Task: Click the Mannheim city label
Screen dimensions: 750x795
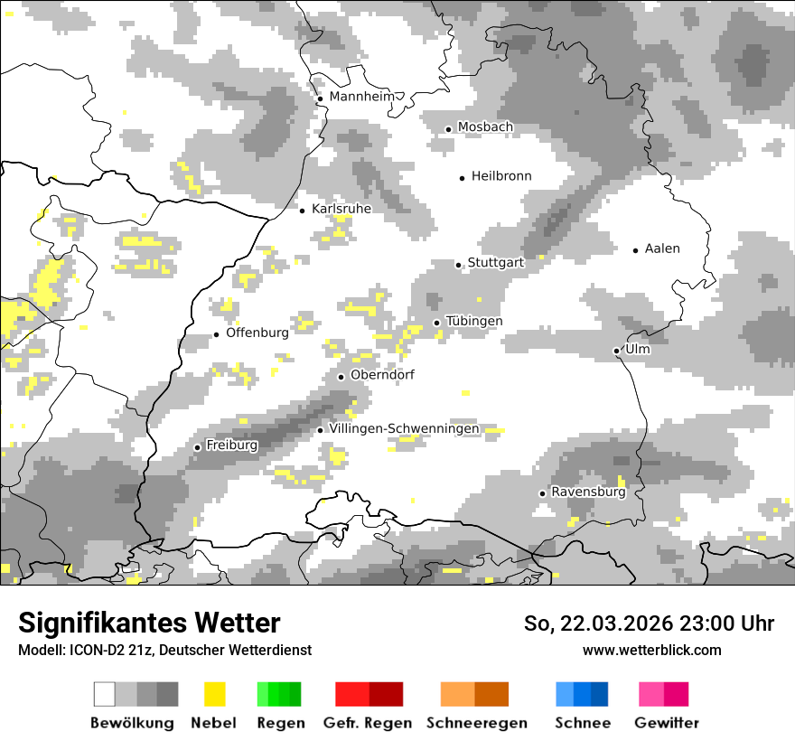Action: coord(363,97)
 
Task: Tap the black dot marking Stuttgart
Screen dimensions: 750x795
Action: coord(459,265)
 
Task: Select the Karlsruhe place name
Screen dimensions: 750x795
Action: coord(341,209)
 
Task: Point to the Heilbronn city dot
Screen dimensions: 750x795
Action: coord(463,178)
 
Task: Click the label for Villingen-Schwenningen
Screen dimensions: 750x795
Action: coord(405,428)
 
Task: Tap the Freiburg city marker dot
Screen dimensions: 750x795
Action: coord(198,447)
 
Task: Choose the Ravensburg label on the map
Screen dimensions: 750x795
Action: coord(588,492)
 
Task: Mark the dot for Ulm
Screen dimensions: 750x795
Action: coord(616,351)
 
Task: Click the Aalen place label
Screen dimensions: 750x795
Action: coord(662,248)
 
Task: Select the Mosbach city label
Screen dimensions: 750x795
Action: coord(485,127)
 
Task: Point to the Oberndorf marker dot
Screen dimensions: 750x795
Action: coord(341,377)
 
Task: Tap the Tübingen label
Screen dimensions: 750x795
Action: coord(474,322)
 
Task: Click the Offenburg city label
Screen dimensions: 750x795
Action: coord(257,333)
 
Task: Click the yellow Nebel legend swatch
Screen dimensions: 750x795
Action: coord(215,694)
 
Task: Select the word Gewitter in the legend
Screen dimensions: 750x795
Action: coord(667,723)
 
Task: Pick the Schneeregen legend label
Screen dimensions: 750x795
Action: coord(477,723)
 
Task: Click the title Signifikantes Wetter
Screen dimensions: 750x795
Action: coord(149,623)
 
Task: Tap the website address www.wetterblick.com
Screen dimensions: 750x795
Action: coord(651,650)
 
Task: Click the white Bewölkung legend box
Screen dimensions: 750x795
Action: coord(105,694)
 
